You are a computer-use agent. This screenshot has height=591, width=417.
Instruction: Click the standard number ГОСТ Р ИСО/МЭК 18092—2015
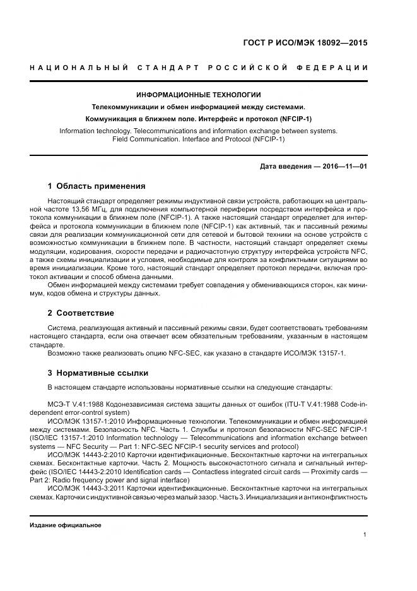(x=304, y=43)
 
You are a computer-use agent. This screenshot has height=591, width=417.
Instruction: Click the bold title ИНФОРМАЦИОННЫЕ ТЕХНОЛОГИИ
(x=198, y=95)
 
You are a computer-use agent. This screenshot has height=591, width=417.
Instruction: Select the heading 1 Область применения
(x=97, y=186)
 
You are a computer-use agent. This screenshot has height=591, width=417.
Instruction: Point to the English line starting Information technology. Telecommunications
(x=198, y=131)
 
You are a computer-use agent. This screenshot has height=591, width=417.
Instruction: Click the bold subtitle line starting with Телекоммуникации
(x=198, y=107)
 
